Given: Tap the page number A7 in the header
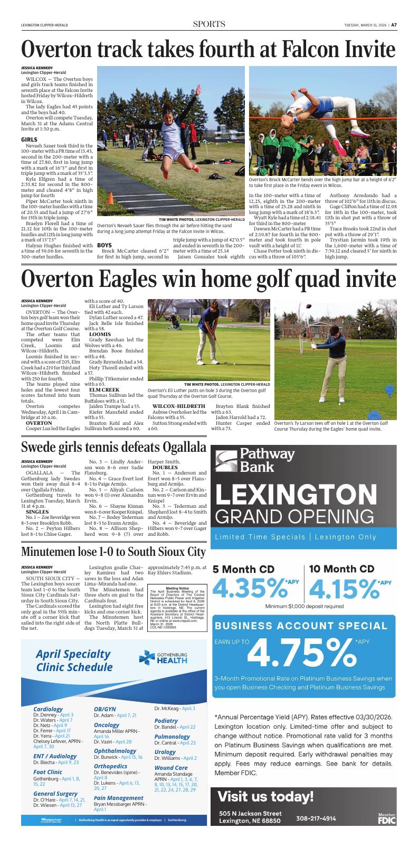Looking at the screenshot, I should click(394, 24).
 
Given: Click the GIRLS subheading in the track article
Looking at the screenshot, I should click(29, 139).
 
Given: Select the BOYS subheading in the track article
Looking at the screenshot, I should click(104, 245).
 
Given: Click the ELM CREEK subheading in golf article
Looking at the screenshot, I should click(104, 390).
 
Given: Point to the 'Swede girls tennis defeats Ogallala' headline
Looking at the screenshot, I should click(113, 447).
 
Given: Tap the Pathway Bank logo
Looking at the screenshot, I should click(254, 460).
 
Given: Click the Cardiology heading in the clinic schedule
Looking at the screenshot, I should click(48, 709).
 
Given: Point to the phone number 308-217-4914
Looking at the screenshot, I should click(316, 818).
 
